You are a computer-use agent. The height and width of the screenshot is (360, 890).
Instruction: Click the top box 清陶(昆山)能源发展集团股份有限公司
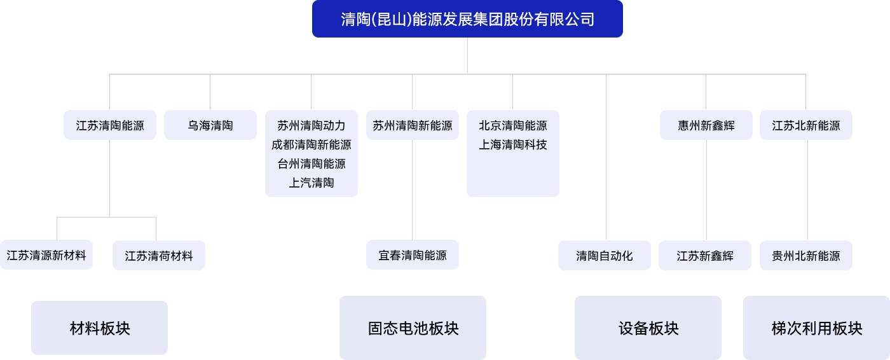coord(467,19)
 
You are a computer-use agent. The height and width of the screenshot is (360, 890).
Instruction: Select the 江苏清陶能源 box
coord(110,125)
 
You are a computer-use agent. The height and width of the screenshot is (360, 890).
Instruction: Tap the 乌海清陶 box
coord(210,125)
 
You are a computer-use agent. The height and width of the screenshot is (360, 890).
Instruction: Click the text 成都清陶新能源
coord(311,145)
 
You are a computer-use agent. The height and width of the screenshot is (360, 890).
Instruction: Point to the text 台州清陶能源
coord(311,164)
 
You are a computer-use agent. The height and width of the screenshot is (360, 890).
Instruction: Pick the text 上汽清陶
coord(311,183)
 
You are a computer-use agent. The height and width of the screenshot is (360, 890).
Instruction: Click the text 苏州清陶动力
coord(311,126)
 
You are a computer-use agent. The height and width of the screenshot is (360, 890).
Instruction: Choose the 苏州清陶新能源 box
coord(413,125)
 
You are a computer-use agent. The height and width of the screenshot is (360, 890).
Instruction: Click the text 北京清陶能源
coord(513,126)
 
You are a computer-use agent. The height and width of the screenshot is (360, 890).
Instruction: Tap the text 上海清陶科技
coord(513,145)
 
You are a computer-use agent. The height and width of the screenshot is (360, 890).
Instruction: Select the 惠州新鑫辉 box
coord(706,125)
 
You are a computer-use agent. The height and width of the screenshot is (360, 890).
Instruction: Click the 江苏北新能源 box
coord(806,125)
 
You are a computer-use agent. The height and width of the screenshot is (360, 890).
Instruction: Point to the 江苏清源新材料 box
coord(46,255)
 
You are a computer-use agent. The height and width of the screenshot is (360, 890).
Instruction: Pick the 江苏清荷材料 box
coord(159,256)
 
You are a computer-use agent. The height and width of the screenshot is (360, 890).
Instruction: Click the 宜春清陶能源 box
coord(413,255)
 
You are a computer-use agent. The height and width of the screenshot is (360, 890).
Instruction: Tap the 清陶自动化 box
coord(605,256)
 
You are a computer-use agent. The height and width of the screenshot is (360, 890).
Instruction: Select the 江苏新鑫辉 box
coord(705,256)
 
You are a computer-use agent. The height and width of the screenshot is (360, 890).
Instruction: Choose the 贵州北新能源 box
coord(806,256)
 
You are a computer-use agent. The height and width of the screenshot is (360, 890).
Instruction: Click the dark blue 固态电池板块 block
coord(413,328)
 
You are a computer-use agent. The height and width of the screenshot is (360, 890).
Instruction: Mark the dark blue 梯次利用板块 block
coord(816,328)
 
